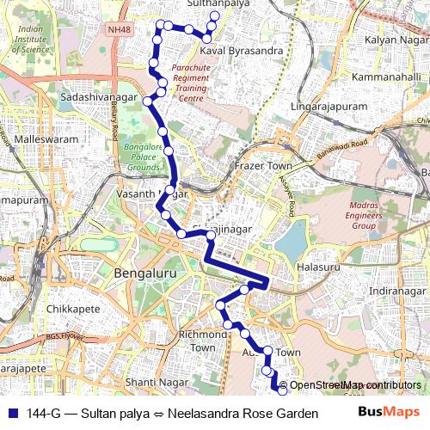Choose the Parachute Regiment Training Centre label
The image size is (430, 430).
pos(190,82)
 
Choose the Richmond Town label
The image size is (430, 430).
pos(203,341)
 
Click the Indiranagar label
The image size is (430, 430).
pos(396,292)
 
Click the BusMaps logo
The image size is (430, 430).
pos(389,412)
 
